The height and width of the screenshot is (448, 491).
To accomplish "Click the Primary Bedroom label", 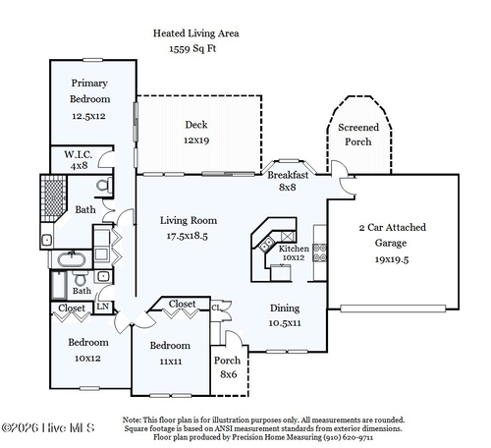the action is (x=89, y=91).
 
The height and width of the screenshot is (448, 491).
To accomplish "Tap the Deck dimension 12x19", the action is (x=196, y=140).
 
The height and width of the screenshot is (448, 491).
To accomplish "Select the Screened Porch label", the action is (x=358, y=135).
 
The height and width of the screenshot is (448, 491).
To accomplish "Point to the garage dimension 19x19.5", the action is (x=392, y=259).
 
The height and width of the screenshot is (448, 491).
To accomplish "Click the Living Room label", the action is (x=189, y=220).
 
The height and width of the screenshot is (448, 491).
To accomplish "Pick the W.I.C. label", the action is (x=78, y=154).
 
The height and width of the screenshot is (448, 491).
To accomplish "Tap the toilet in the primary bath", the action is (x=104, y=186).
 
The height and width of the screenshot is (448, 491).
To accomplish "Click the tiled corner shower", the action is (x=53, y=198).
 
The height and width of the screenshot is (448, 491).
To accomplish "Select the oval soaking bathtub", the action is (x=72, y=259).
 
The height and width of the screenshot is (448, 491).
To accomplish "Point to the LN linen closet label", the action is (x=103, y=307).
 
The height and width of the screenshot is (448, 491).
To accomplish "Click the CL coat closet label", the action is (x=216, y=308).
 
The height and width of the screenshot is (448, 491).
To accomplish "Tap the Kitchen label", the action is (x=294, y=249).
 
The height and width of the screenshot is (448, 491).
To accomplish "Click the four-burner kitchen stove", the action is (x=319, y=252).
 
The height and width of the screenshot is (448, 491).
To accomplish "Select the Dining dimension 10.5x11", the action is (x=285, y=323).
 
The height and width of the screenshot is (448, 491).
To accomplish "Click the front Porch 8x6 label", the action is (x=228, y=367).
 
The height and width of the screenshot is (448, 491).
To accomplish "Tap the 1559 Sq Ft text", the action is (x=192, y=49).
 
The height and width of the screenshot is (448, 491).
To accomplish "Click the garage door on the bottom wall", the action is (x=393, y=308).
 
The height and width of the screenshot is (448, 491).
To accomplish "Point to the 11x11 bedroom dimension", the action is (x=171, y=362).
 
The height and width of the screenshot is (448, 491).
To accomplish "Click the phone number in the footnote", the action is (x=348, y=437).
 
